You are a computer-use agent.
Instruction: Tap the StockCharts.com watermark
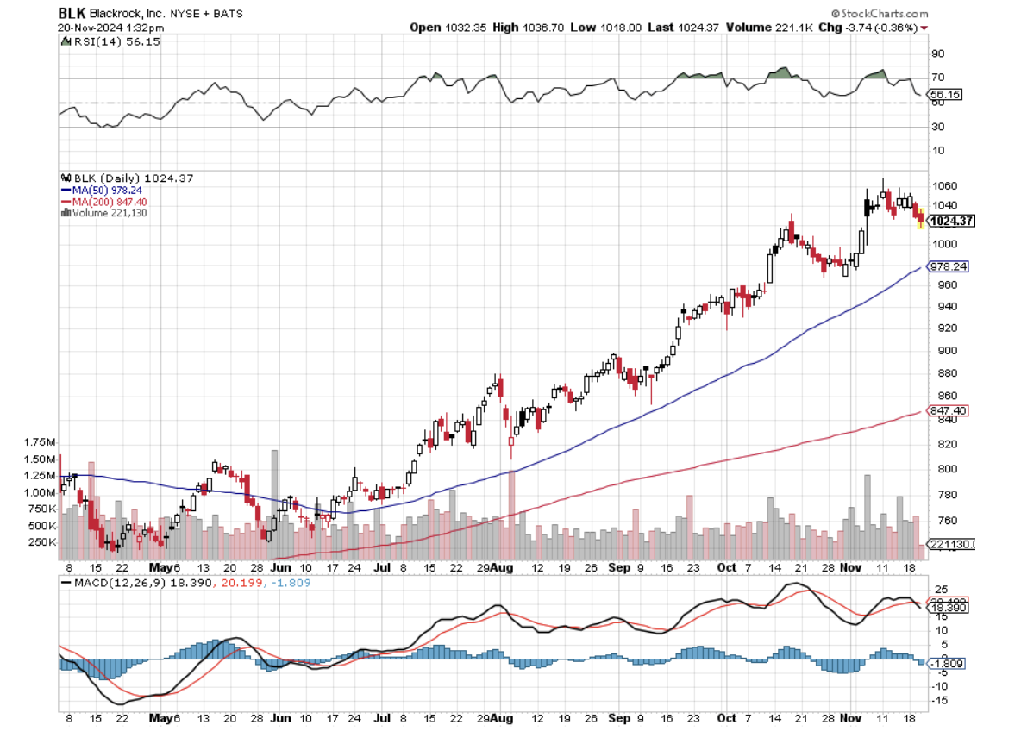(880, 14)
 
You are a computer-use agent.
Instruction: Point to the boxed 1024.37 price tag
(950, 221)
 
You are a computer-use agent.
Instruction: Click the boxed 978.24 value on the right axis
(947, 266)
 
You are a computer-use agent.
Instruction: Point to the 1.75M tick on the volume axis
(41, 441)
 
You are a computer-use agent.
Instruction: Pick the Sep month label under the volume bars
(618, 569)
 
